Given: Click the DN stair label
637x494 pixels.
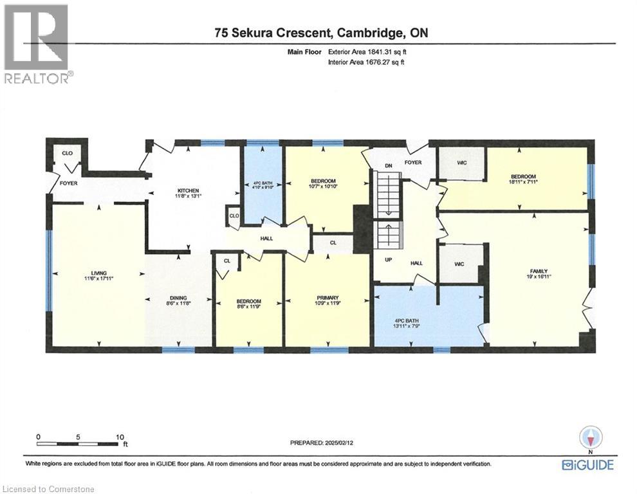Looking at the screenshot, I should [388, 165].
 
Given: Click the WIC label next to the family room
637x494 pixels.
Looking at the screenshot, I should [459, 264].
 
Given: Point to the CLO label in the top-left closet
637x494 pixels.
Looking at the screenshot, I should [66, 154].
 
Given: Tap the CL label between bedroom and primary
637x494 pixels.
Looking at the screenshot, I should [332, 243].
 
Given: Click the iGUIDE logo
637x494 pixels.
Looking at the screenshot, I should [587, 464].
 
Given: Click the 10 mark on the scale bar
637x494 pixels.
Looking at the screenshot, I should [119, 437].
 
